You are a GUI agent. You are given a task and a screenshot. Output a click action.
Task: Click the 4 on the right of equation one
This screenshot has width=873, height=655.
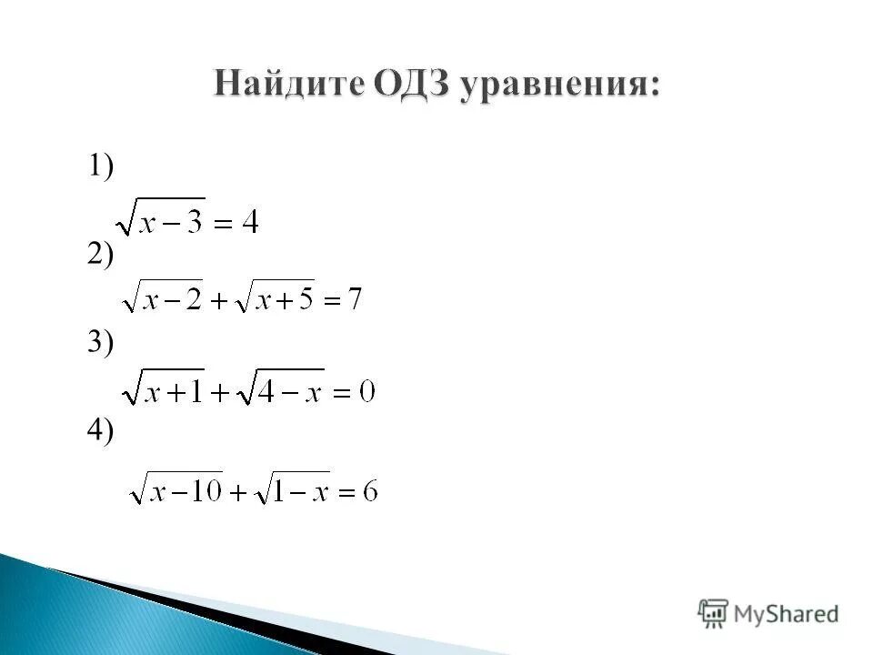pyautogui.click(x=248, y=222)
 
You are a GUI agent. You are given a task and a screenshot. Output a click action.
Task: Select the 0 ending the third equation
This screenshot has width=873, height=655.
pyautogui.click(x=366, y=393)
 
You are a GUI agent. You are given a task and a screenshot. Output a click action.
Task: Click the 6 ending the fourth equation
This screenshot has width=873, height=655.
pyautogui.click(x=369, y=492)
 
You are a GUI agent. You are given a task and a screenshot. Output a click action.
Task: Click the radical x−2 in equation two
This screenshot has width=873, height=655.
pyautogui.click(x=163, y=297)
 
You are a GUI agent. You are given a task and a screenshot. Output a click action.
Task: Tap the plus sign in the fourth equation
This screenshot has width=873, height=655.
pyautogui.click(x=237, y=493)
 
